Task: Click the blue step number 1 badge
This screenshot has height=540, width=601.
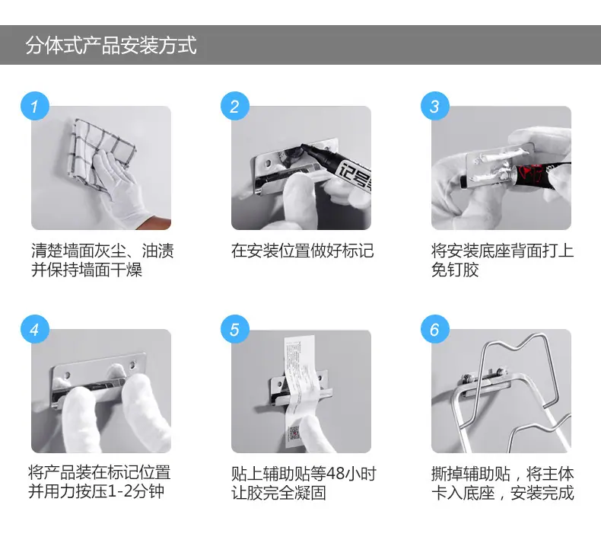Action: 35,107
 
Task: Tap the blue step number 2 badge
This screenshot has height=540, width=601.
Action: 235,107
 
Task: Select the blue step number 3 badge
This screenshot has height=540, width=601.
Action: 435,107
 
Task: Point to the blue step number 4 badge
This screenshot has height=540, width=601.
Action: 35,329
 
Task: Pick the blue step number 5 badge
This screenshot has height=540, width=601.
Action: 235,329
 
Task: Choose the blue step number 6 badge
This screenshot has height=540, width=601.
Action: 435,329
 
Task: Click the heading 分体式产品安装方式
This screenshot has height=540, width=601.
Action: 111,45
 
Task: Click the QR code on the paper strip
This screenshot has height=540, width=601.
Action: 294,433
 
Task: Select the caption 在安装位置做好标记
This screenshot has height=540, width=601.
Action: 302,251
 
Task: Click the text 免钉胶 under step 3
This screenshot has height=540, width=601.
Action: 455,270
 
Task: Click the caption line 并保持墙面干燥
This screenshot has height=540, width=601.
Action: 87,270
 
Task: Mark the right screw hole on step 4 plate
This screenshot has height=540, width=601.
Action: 133,364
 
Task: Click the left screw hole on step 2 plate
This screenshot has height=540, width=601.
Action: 268,163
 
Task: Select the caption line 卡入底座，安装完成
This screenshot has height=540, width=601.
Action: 502,493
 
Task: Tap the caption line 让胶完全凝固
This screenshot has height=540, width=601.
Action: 278,493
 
